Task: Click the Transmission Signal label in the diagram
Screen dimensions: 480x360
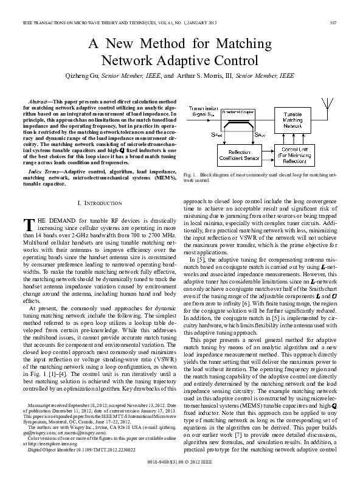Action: coord(204,110)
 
